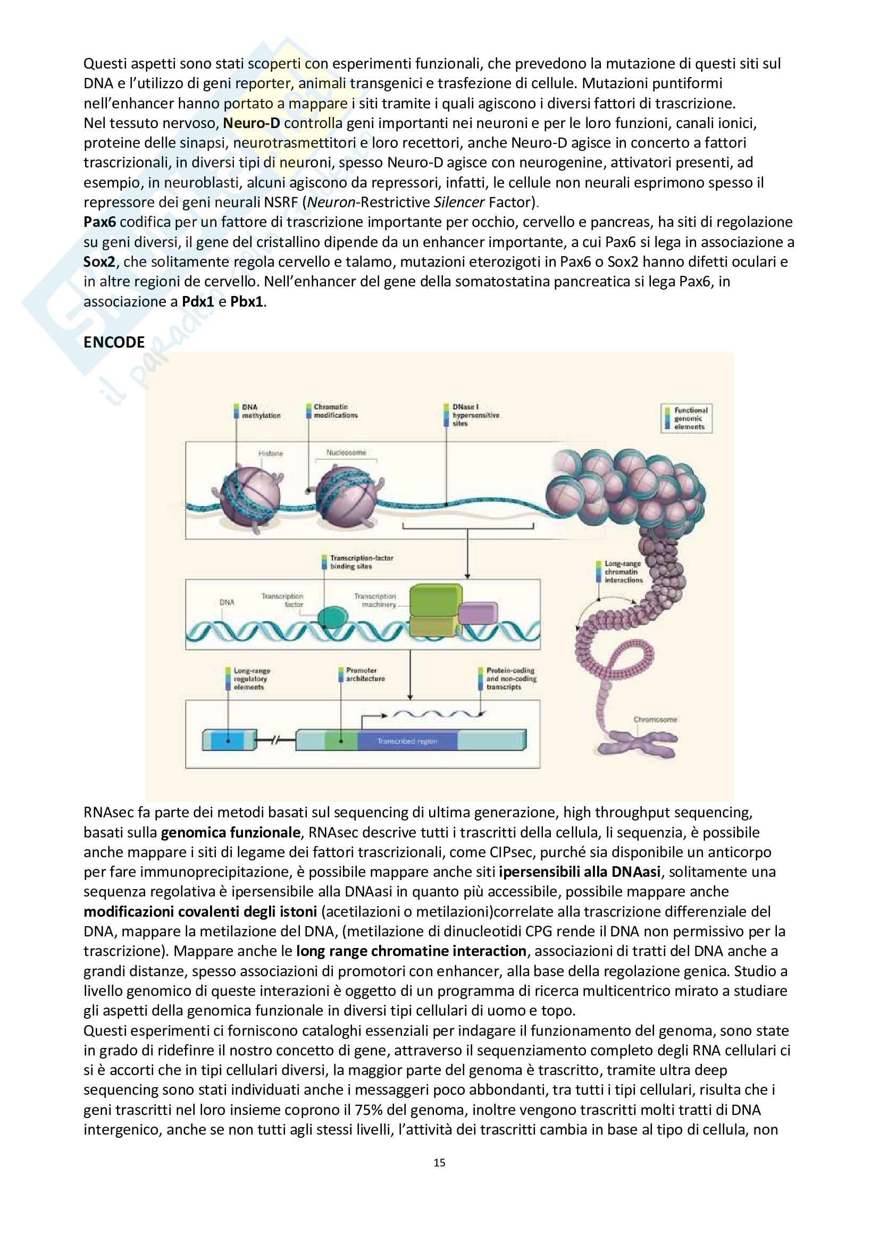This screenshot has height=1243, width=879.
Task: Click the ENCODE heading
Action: (x=114, y=342)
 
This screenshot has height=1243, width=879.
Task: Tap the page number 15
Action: (x=439, y=1162)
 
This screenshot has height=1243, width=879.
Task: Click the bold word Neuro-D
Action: (x=252, y=123)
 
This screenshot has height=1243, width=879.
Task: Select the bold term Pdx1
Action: (x=198, y=301)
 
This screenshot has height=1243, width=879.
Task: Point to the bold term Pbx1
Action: (x=246, y=301)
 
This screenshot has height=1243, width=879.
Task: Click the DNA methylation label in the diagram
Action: (x=261, y=411)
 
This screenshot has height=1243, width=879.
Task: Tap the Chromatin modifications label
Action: (x=335, y=411)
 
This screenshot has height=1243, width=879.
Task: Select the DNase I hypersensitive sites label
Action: (x=475, y=415)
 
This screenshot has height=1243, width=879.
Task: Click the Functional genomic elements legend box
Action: (x=686, y=418)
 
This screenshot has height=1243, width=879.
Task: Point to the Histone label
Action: (x=270, y=454)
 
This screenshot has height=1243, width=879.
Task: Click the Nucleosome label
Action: (x=346, y=453)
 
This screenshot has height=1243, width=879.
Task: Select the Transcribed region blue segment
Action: (x=407, y=741)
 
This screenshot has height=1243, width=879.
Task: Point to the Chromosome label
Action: (x=655, y=720)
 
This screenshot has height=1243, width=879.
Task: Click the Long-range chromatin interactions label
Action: (x=623, y=572)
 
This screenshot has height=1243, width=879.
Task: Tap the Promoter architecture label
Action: (x=365, y=674)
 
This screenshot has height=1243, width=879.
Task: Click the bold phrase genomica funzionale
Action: (x=230, y=832)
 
